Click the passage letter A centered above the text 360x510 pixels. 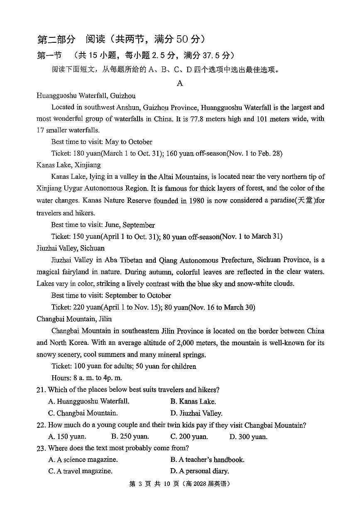180,83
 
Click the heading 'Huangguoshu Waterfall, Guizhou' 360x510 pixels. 86,96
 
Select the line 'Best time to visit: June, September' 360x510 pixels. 103,225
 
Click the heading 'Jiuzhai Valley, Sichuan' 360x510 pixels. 71,248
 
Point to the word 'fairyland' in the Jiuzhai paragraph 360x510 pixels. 80,272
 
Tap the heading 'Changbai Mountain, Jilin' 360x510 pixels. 74,319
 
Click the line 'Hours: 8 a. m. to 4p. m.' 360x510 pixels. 86,378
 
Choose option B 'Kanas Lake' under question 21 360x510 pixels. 193,402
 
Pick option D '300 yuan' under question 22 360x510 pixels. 248,437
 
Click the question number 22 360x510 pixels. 41,425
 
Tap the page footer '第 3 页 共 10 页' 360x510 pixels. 154,484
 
